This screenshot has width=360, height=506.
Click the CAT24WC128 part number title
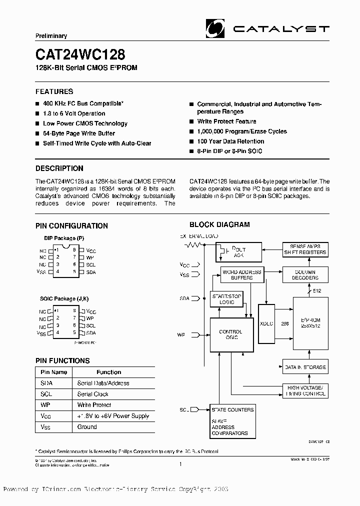point(80,53)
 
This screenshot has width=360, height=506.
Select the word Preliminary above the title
point(51,36)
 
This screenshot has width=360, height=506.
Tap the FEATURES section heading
point(54,91)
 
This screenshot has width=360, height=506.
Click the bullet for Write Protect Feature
point(191,122)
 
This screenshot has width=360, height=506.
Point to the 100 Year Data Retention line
point(230,141)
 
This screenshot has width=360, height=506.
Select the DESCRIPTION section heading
point(59,168)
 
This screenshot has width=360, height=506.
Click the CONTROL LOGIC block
point(230,334)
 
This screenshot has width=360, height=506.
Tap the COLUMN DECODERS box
point(305,274)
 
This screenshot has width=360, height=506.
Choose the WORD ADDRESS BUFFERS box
point(241,274)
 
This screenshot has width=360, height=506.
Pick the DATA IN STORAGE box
point(304,367)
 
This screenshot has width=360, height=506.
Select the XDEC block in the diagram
point(267,323)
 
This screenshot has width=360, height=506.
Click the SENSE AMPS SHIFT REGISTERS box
point(305,249)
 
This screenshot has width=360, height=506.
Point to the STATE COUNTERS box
point(232,409)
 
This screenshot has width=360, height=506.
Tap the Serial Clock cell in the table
point(93,394)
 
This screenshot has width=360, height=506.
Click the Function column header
point(109,372)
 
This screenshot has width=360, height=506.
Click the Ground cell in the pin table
point(87,427)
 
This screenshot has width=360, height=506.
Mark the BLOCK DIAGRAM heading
point(219,224)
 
